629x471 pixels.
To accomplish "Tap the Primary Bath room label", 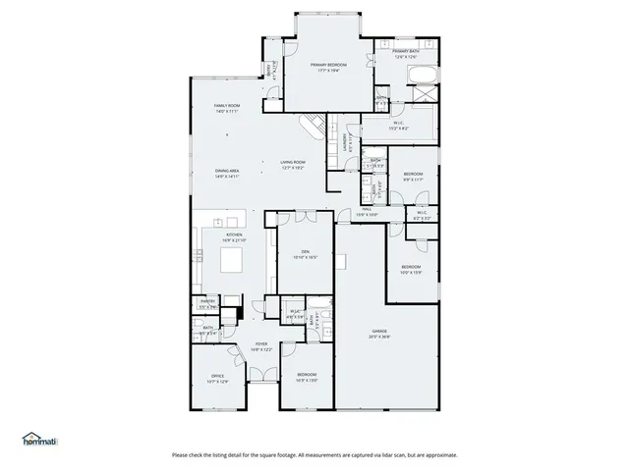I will pos(406,54).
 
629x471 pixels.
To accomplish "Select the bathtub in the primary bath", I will pos(422,78).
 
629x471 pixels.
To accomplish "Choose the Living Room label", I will pos(293,165).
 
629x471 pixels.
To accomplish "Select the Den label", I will pos(306,254).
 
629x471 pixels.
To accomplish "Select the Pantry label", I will pos(207,303).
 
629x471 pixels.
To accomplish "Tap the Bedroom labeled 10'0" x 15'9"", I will pos(410,269).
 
